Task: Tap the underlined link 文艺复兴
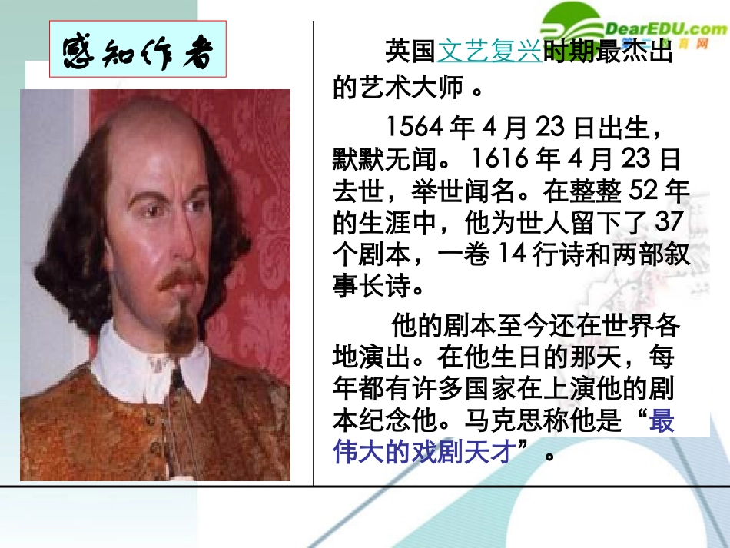point(489,52)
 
